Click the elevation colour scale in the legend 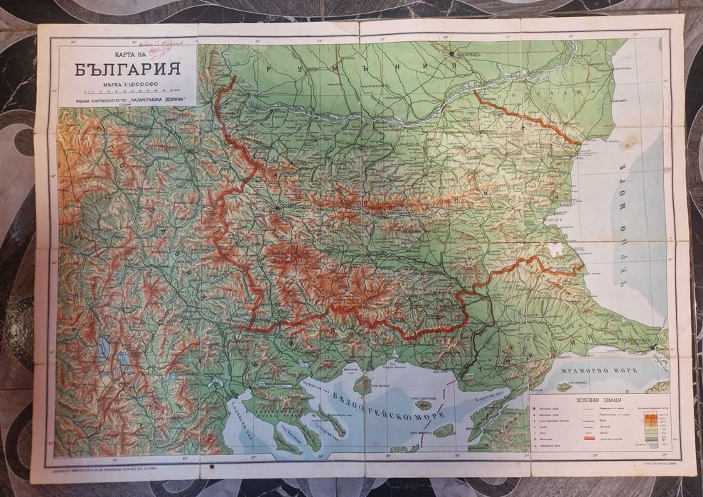pyautogui.click(x=651, y=429)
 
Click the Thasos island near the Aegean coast pyautogui.click(x=363, y=385)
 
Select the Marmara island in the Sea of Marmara pyautogui.click(x=566, y=386)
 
